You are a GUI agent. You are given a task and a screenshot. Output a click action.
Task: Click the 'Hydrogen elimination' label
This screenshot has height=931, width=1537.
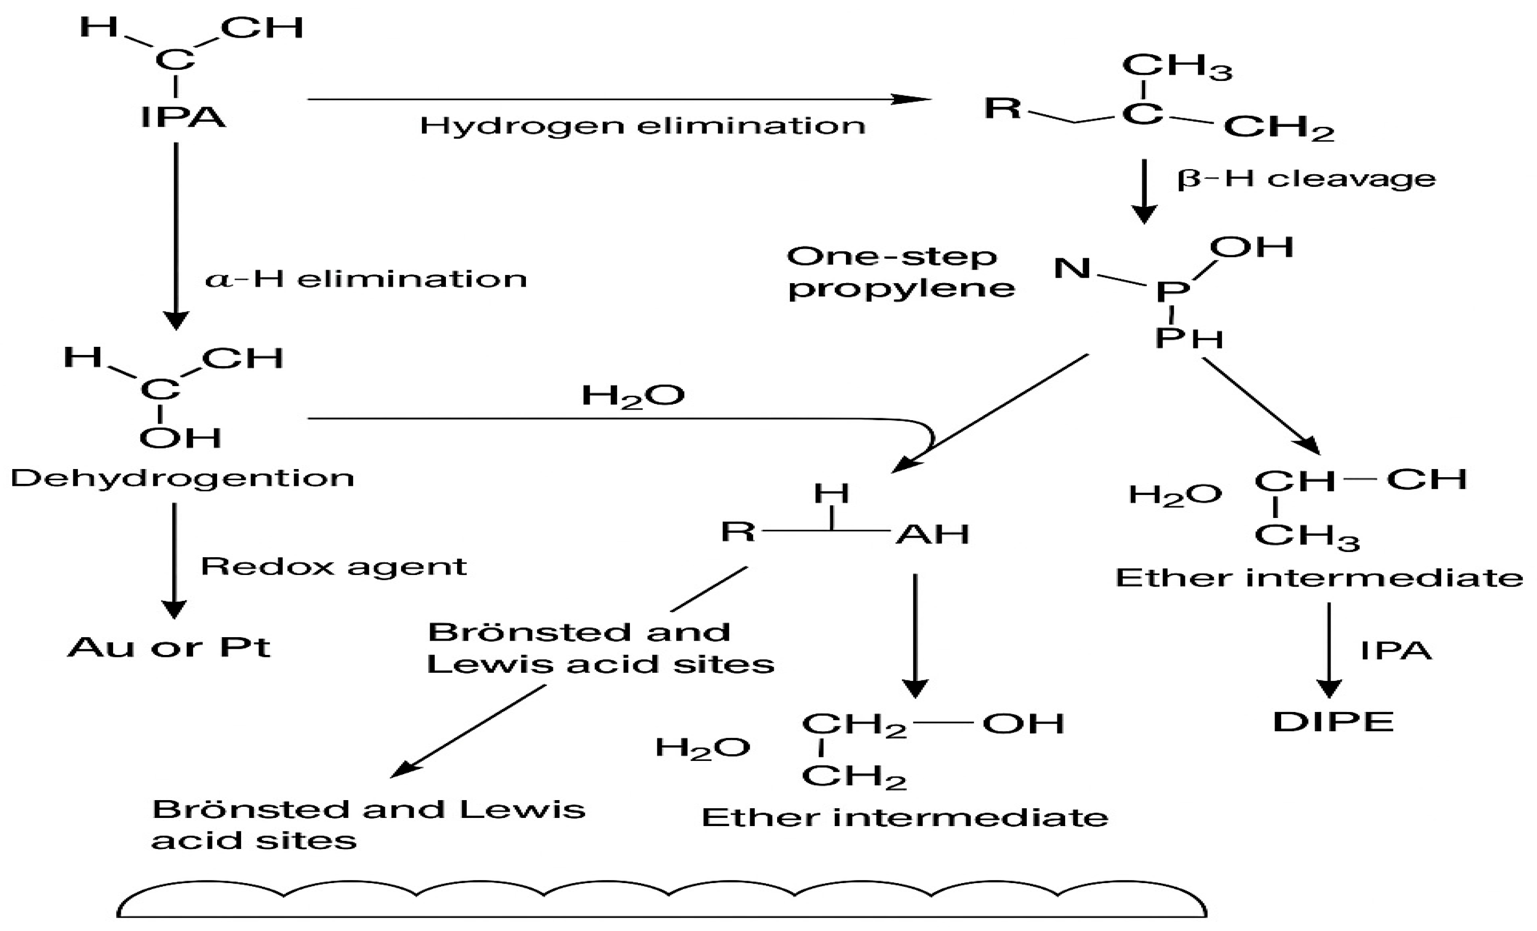(x=643, y=125)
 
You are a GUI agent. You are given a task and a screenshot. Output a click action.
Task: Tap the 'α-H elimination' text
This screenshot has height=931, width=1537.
(x=366, y=279)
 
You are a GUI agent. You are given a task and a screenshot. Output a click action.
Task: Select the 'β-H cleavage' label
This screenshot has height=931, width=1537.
(x=1306, y=179)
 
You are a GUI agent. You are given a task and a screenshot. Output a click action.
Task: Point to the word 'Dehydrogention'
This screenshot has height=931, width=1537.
(x=182, y=478)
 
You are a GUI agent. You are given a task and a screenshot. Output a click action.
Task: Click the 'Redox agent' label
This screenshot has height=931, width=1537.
(x=333, y=566)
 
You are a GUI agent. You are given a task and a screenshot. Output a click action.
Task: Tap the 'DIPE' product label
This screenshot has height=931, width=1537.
(x=1333, y=722)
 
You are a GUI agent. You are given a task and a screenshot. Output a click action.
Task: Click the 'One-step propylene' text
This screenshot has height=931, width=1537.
(x=900, y=272)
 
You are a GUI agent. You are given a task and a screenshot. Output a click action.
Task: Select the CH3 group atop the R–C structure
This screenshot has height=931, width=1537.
(x=1177, y=67)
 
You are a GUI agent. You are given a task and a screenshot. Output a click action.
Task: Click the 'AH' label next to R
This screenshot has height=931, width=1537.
(x=933, y=534)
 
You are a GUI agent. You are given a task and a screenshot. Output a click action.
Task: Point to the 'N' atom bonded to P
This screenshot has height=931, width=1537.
(x=1072, y=268)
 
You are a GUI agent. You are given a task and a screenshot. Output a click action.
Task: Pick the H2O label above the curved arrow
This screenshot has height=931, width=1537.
(x=632, y=395)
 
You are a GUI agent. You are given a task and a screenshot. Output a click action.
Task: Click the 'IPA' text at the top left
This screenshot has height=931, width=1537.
(x=183, y=117)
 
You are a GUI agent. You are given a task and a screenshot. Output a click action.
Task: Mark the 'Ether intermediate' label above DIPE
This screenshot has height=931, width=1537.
(x=1319, y=578)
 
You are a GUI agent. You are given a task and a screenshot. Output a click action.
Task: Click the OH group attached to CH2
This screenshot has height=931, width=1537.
(x=1023, y=723)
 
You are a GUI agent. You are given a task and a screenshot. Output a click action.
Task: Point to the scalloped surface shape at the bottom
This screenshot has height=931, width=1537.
(x=661, y=900)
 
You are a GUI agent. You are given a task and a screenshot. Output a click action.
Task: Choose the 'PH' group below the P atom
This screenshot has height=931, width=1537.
(x=1188, y=339)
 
